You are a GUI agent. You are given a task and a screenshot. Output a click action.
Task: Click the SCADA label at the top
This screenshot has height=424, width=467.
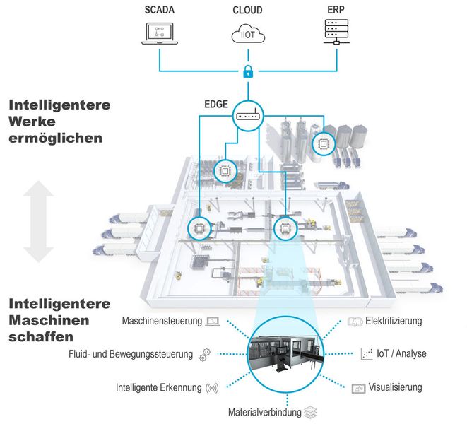coord(161,11)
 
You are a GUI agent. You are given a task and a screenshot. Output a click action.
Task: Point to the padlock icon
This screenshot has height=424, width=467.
coord(248,71)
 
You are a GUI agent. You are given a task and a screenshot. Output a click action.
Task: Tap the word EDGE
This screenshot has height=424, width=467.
coord(216,104)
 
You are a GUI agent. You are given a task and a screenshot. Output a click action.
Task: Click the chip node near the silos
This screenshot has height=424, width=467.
coord(326,143)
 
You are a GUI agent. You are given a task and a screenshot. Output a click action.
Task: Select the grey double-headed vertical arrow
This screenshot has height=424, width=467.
coord(39,222)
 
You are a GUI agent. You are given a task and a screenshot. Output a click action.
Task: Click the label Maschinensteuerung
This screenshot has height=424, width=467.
coord(162,322)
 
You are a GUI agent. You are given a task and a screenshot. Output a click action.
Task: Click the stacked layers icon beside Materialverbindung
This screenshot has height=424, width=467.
coord(312,411)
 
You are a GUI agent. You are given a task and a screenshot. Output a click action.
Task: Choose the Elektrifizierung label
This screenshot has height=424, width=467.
coord(393,321)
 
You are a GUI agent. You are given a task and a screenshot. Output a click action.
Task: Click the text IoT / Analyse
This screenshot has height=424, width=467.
coord(402,353)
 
